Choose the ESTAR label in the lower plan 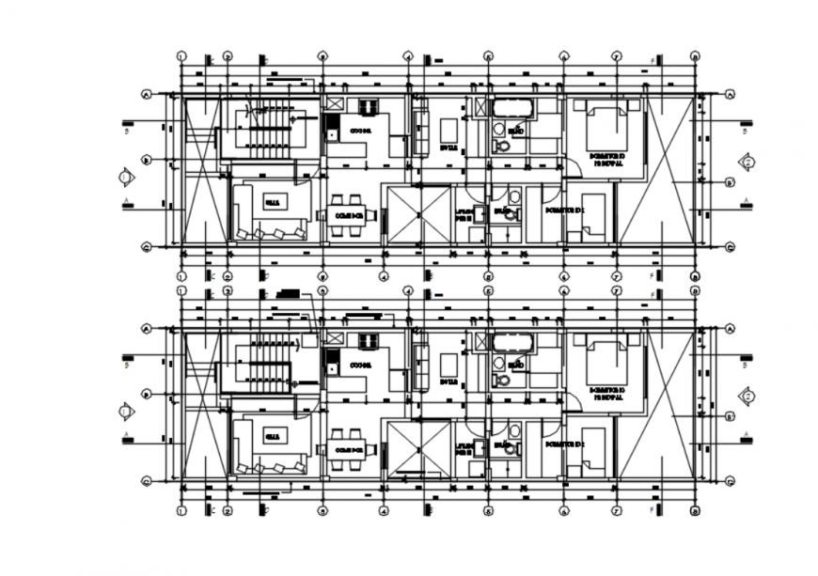point(448,382)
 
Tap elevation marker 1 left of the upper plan point(125,177)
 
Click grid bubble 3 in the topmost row point(322,55)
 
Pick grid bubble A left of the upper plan point(147,94)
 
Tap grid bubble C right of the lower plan point(731,482)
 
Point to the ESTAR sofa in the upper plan point(420,132)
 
